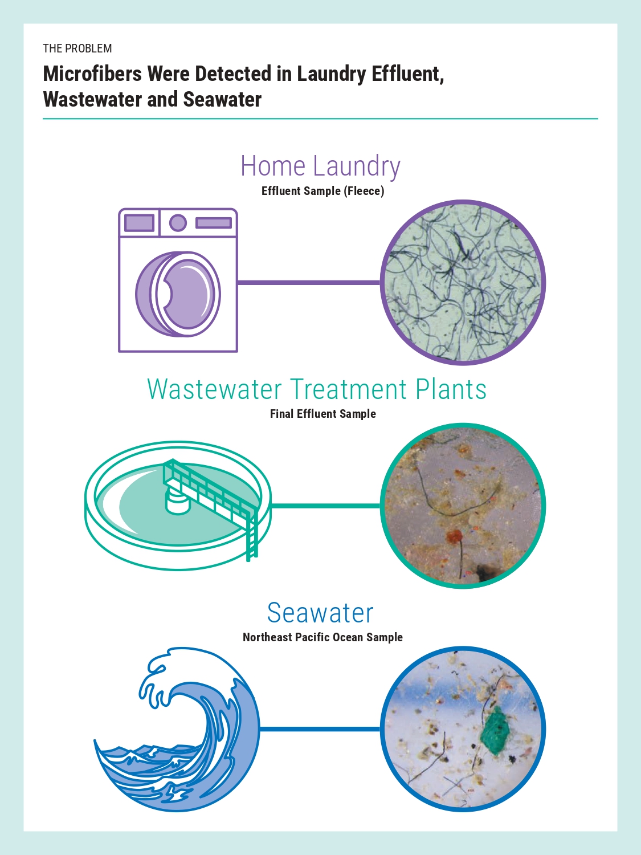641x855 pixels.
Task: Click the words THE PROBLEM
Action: pyautogui.click(x=77, y=48)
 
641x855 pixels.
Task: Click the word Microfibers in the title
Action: pyautogui.click(x=92, y=74)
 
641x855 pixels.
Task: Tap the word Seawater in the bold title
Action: pyautogui.click(x=222, y=99)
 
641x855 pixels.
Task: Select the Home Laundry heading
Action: pyautogui.click(x=320, y=166)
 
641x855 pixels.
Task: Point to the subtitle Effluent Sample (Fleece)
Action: pyautogui.click(x=322, y=191)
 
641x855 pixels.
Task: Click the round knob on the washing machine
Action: pyautogui.click(x=178, y=223)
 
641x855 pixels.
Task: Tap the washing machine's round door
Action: pyautogui.click(x=178, y=294)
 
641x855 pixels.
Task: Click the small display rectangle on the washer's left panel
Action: pyautogui.click(x=139, y=223)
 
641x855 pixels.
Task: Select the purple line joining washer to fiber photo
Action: pyautogui.click(x=309, y=282)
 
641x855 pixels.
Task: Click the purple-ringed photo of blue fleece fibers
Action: pyautogui.click(x=463, y=283)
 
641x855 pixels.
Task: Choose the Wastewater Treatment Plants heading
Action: pyautogui.click(x=317, y=389)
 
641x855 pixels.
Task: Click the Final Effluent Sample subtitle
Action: pyautogui.click(x=323, y=414)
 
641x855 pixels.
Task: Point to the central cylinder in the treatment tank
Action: pyautogui.click(x=178, y=502)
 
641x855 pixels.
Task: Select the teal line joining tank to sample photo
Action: pyautogui.click(x=326, y=506)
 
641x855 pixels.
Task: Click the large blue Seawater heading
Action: pyautogui.click(x=320, y=613)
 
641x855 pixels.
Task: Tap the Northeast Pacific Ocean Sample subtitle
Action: pyautogui.click(x=322, y=637)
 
